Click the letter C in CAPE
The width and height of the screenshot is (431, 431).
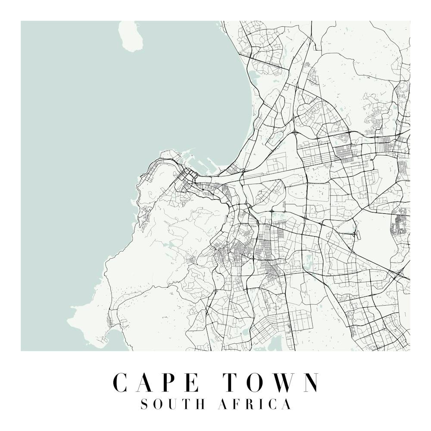pyautogui.click(x=122, y=382)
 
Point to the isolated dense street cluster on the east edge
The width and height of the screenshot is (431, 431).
pyautogui.click(x=401, y=222)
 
